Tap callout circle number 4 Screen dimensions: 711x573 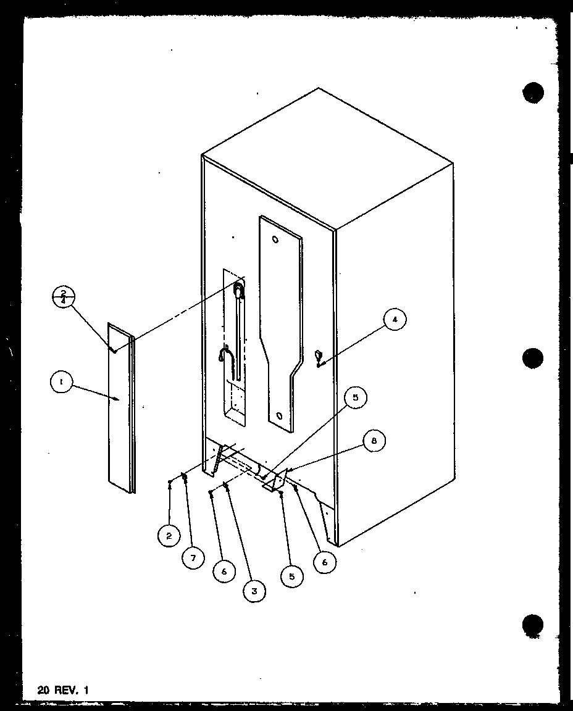(x=395, y=320)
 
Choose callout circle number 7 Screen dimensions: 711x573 (x=193, y=558)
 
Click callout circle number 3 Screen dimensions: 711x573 (x=253, y=592)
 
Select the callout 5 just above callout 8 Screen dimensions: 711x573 (x=354, y=398)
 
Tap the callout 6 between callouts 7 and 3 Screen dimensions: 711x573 (x=224, y=572)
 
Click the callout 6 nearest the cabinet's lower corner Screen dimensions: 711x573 (x=325, y=561)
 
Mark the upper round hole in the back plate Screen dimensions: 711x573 (x=276, y=236)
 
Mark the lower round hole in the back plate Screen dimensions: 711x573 (x=280, y=415)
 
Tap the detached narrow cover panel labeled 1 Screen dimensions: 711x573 (x=119, y=407)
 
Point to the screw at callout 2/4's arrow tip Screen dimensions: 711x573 (x=114, y=351)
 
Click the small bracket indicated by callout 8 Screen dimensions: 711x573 (x=274, y=481)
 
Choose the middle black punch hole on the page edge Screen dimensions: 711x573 (x=532, y=358)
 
